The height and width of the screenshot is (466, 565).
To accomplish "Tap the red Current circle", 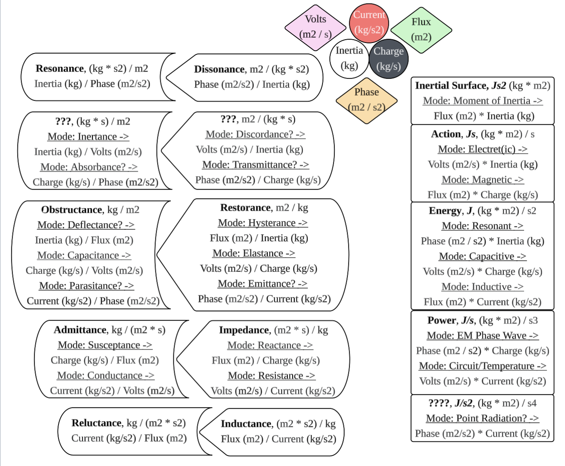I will click(369, 23).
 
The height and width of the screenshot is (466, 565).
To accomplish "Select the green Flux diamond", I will click(421, 29).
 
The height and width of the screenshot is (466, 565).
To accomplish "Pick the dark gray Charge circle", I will click(388, 59).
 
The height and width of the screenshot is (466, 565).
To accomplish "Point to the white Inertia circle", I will click(349, 58).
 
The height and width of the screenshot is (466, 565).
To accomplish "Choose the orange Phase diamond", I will click(366, 100).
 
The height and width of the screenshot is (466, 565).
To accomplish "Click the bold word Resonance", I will click(60, 69).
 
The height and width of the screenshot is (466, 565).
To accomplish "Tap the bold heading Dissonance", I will click(219, 69).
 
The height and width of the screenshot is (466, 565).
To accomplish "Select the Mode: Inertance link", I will click(88, 137).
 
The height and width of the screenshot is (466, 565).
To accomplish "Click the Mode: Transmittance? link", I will click(256, 165).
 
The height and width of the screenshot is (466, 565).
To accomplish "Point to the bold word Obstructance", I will click(72, 210).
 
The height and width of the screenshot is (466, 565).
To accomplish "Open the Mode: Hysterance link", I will click(262, 223).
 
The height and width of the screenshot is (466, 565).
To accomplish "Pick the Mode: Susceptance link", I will click(105, 345).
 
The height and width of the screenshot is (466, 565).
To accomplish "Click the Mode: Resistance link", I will click(271, 376).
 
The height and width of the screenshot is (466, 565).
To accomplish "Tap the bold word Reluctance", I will click(97, 423).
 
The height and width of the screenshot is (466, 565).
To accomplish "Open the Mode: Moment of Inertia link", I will click(482, 101).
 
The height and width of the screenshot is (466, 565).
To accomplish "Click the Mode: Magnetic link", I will click(482, 180).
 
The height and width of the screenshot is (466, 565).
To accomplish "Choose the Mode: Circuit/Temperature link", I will click(482, 366).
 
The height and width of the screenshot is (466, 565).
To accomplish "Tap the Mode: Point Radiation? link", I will click(482, 418).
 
